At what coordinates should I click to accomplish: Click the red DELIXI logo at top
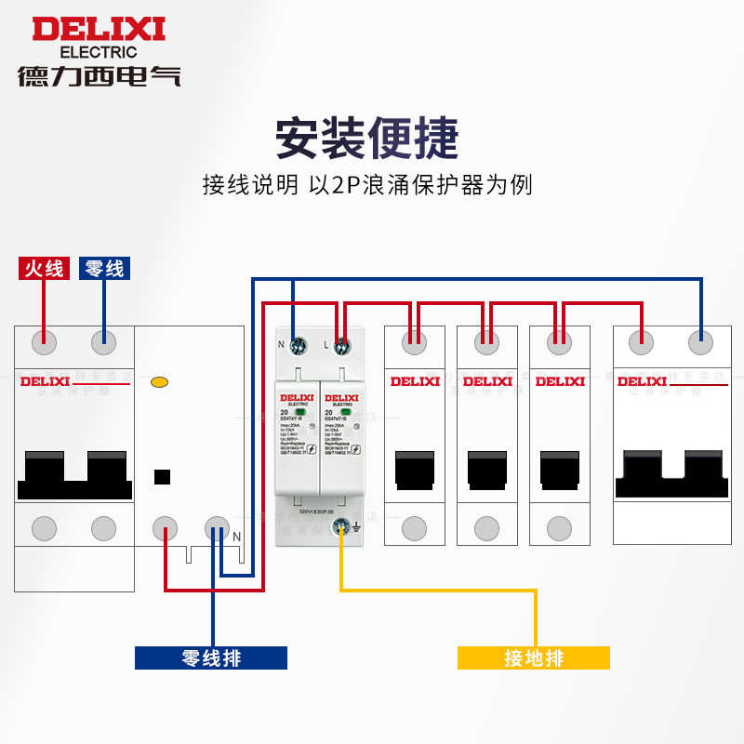[99, 29]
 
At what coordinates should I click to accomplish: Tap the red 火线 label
[44, 269]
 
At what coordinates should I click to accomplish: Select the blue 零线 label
[104, 269]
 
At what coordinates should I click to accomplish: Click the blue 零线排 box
[211, 658]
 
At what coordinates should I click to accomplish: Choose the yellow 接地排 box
[534, 658]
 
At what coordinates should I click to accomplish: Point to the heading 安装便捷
[367, 139]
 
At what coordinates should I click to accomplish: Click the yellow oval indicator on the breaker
[159, 381]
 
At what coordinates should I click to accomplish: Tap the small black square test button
[162, 477]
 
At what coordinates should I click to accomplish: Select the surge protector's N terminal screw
[299, 346]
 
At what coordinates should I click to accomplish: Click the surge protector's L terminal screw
[340, 346]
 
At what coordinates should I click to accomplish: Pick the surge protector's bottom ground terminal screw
[342, 527]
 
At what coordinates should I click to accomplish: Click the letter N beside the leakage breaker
[236, 536]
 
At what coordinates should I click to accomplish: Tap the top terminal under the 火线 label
[44, 342]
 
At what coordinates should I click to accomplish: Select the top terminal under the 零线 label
[104, 342]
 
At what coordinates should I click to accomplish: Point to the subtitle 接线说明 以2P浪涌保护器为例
[367, 184]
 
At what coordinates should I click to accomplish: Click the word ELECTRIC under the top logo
[98, 52]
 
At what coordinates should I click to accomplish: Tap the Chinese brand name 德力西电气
[99, 75]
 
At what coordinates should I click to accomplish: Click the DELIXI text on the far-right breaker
[643, 380]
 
